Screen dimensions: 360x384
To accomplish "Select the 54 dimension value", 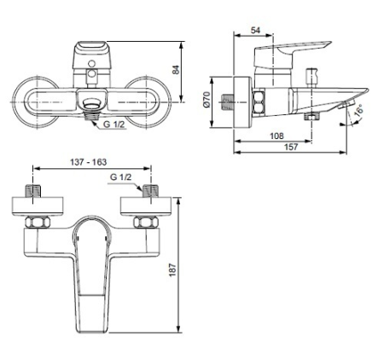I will (x=255, y=32).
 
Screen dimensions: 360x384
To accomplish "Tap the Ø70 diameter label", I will (x=207, y=100).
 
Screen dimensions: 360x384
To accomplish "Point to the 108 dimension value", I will (x=275, y=136).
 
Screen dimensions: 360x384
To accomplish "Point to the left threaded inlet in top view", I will (x=34, y=191).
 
